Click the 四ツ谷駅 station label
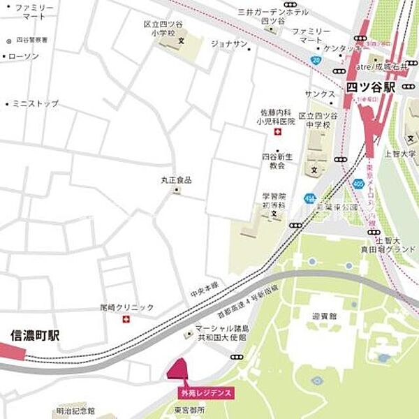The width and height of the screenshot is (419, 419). tap(370, 87)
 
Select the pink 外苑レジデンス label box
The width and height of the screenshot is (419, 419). tap(207, 393)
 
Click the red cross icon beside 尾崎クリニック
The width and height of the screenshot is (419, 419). tap(126, 320)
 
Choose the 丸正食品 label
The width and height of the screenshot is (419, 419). tap(176, 180)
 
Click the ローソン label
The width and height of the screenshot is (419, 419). tap(24, 56)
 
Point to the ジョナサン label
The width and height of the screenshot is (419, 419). tap(230, 44)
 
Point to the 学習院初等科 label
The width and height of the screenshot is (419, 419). tap(274, 202)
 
